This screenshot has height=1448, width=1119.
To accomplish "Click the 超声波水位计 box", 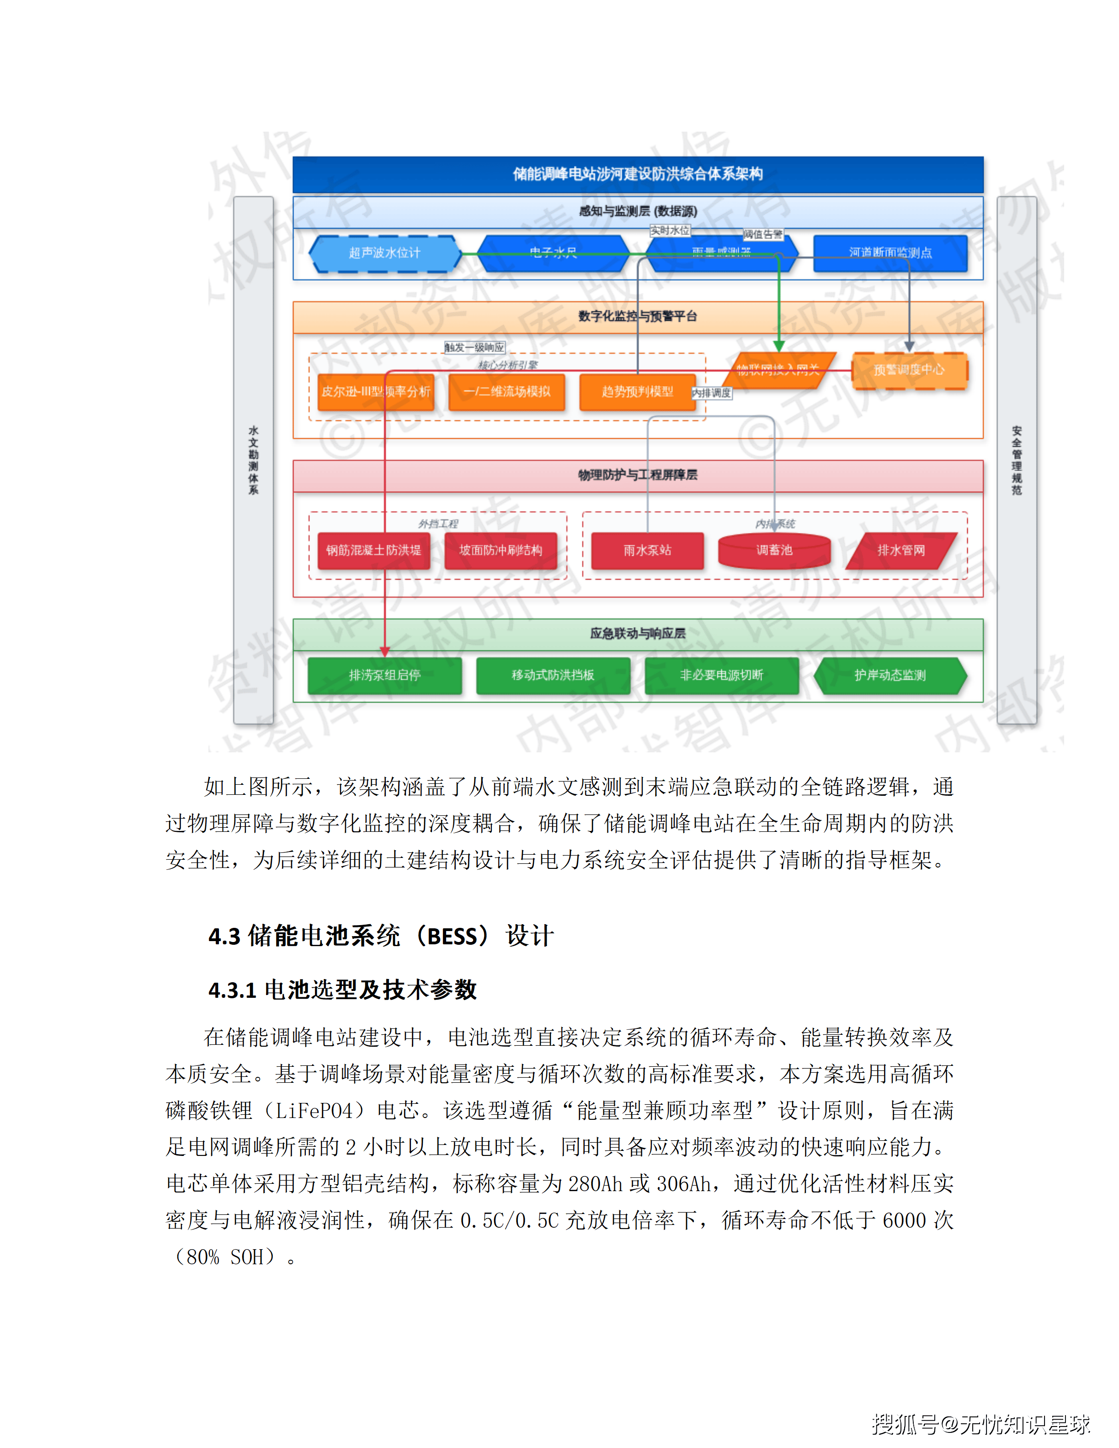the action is tap(384, 253).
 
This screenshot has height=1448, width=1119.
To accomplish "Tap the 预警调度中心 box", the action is tap(908, 370).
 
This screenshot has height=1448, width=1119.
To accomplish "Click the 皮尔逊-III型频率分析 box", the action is tap(375, 392).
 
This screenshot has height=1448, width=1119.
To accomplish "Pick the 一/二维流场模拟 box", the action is tap(506, 392).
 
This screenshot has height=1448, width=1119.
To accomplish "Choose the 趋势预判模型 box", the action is tap(637, 392).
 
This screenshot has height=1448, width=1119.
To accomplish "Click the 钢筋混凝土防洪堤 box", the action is tap(373, 550).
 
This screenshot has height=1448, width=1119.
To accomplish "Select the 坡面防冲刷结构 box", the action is tap(501, 550).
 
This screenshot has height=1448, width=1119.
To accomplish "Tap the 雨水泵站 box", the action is tap(647, 550).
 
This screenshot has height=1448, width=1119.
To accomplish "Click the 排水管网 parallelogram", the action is tap(901, 550).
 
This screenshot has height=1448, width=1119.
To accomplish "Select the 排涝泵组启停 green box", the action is tap(384, 675).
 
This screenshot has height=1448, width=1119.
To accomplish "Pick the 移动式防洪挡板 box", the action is tap(553, 675).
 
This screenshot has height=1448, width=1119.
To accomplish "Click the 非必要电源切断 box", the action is tap(721, 675).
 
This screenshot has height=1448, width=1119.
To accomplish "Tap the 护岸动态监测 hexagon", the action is tap(890, 675).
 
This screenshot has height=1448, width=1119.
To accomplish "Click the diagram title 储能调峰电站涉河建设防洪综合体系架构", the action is tap(638, 174).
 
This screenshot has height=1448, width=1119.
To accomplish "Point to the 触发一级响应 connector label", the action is tap(474, 347).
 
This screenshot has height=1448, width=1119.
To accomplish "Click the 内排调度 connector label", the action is tap(711, 393).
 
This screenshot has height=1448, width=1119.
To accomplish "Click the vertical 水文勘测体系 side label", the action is tap(253, 460).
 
